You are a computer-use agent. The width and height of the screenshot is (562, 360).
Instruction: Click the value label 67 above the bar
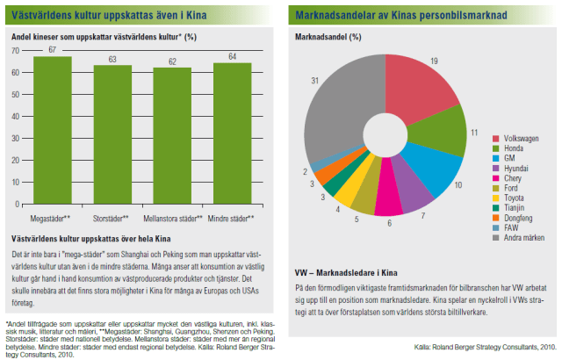pyautogui.click(x=53, y=50)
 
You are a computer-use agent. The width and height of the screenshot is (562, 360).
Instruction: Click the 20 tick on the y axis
pyautogui.click(x=15, y=160)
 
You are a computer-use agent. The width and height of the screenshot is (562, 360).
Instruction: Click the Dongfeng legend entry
pyautogui.click(x=521, y=218)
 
